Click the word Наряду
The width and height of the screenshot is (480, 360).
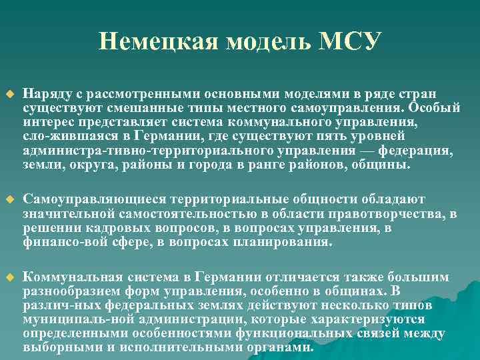[x=43, y=95]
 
